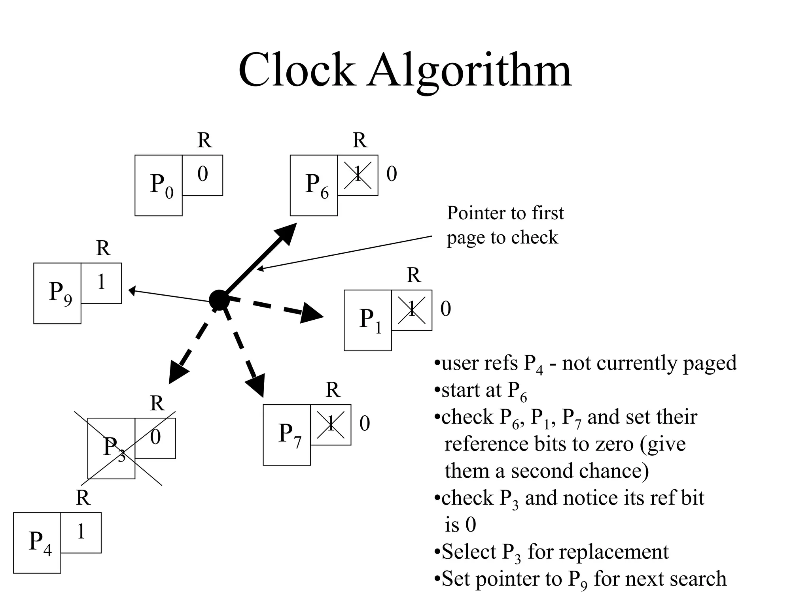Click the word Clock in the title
tap(296, 70)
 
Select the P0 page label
tap(161, 185)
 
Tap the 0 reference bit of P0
tap(202, 174)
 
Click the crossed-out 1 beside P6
tap(358, 174)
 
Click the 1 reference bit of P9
tap(101, 282)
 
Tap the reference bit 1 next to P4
tap(81, 532)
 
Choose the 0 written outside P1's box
tap(445, 309)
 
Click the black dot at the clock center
tap(219, 300)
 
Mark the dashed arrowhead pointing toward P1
tap(312, 313)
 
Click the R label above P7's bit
tap(333, 390)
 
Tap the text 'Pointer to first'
tap(505, 213)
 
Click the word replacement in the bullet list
tap(598, 552)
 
